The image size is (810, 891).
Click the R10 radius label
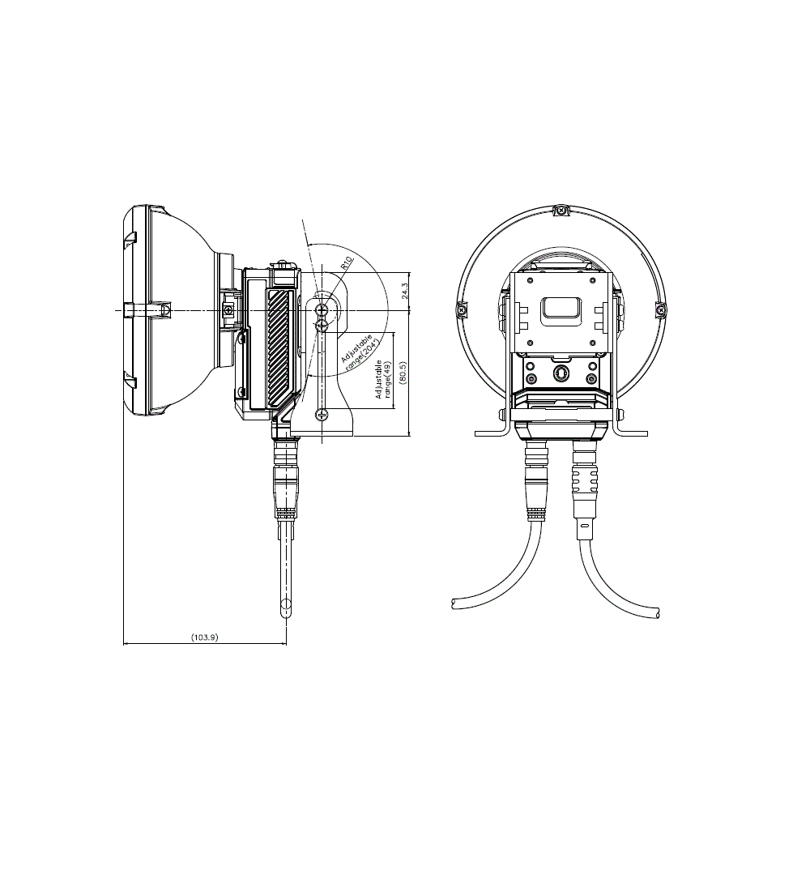(x=347, y=263)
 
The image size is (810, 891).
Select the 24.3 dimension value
(x=405, y=291)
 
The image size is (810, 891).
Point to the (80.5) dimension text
(x=403, y=373)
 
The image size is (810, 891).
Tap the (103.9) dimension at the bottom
(x=205, y=637)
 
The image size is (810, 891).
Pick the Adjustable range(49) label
(x=383, y=378)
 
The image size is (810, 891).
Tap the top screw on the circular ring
(x=561, y=211)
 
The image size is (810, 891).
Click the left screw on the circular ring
(x=463, y=309)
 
